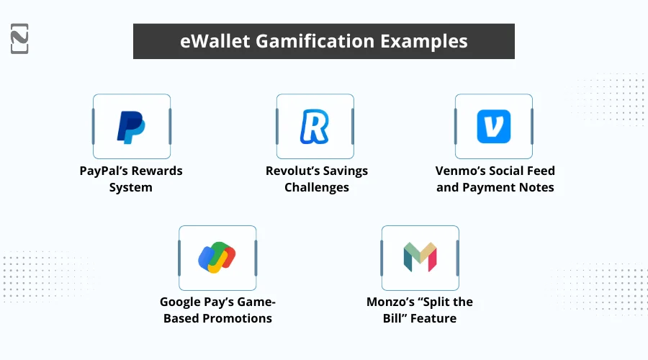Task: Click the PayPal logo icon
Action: pyautogui.click(x=131, y=127)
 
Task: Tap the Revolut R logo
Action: pyautogui.click(x=314, y=127)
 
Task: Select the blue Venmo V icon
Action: pyautogui.click(x=493, y=127)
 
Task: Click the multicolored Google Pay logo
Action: pyautogui.click(x=217, y=258)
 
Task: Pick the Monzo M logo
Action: pyautogui.click(x=420, y=258)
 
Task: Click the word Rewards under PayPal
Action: pyautogui.click(x=152, y=171)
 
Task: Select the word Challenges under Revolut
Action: pyautogui.click(x=316, y=188)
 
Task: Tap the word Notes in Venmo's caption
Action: pyautogui.click(x=536, y=188)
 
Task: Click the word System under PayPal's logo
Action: pyautogui.click(x=130, y=188)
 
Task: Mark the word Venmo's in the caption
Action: pyautogui.click(x=459, y=171)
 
